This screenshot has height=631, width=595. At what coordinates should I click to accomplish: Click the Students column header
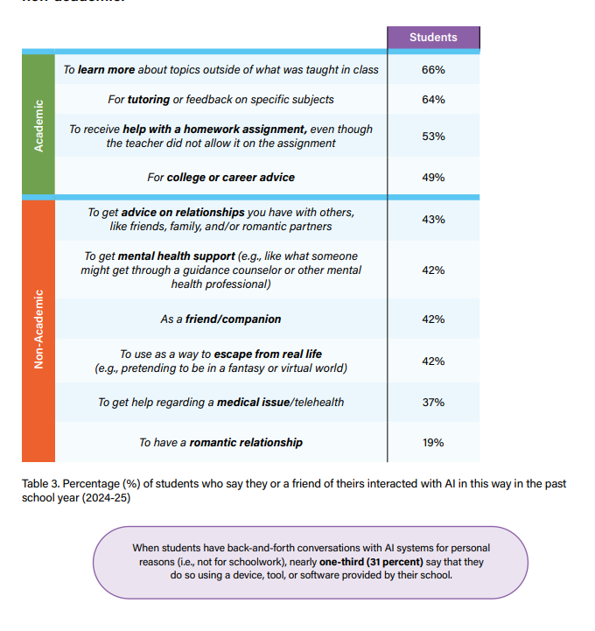(x=433, y=38)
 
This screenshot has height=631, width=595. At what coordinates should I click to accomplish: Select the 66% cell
(x=433, y=69)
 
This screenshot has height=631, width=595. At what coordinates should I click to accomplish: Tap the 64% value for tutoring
(x=433, y=100)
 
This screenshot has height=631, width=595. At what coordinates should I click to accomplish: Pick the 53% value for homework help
(x=433, y=137)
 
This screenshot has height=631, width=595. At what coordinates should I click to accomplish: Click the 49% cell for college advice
(x=433, y=178)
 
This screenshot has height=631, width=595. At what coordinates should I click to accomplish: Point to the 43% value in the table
(x=433, y=220)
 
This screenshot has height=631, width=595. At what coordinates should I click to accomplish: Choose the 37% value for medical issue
(x=433, y=403)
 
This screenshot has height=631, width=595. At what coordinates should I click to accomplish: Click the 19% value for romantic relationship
(x=433, y=443)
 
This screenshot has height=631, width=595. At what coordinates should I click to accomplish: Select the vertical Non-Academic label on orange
(x=38, y=330)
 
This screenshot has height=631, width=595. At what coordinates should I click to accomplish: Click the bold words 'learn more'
(x=106, y=69)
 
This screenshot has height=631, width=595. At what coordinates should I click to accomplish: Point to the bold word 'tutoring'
(x=150, y=100)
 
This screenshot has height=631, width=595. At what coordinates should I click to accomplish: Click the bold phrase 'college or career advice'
(x=231, y=178)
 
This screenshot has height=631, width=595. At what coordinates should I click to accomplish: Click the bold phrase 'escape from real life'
(x=268, y=354)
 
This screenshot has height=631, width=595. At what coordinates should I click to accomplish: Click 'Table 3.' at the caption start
(x=45, y=484)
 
